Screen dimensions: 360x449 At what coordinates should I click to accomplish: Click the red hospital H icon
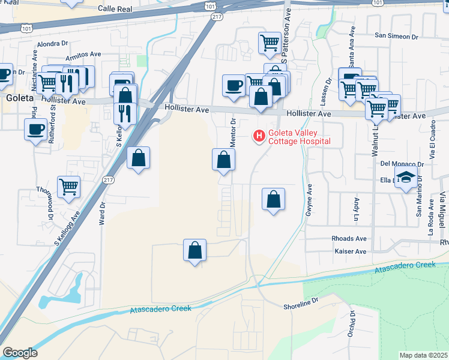click(x=259, y=137)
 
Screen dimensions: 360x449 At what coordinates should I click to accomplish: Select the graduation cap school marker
click(x=406, y=178)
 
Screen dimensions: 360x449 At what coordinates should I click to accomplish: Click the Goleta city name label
click(x=20, y=98)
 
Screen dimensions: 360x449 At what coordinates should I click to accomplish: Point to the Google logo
click(x=20, y=353)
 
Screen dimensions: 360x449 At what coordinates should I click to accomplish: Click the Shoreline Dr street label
click(x=300, y=306)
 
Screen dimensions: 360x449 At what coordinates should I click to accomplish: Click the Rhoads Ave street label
click(x=349, y=238)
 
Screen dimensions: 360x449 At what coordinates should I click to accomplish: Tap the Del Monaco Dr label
click(x=402, y=163)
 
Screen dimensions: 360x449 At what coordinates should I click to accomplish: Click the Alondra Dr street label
click(x=53, y=44)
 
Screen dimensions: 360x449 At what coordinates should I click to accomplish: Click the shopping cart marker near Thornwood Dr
click(x=69, y=187)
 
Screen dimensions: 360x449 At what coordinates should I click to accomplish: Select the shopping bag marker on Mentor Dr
click(x=223, y=160)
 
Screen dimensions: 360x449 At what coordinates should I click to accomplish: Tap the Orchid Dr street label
click(x=353, y=325)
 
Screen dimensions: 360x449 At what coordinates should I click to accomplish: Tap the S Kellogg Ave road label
click(x=67, y=230)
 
